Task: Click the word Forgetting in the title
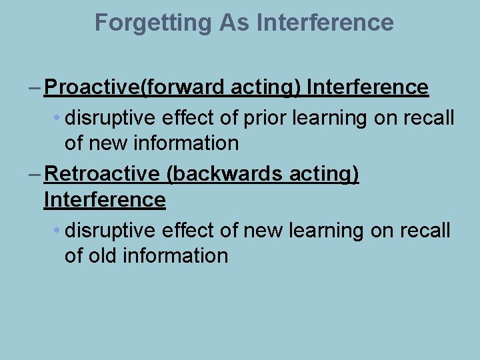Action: [x=153, y=23]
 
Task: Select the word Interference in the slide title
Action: [x=325, y=23]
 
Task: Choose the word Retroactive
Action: [x=102, y=174]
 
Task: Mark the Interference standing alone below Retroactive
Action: [x=105, y=199]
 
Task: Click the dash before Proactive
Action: [x=35, y=87]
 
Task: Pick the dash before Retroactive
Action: [x=35, y=174]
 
